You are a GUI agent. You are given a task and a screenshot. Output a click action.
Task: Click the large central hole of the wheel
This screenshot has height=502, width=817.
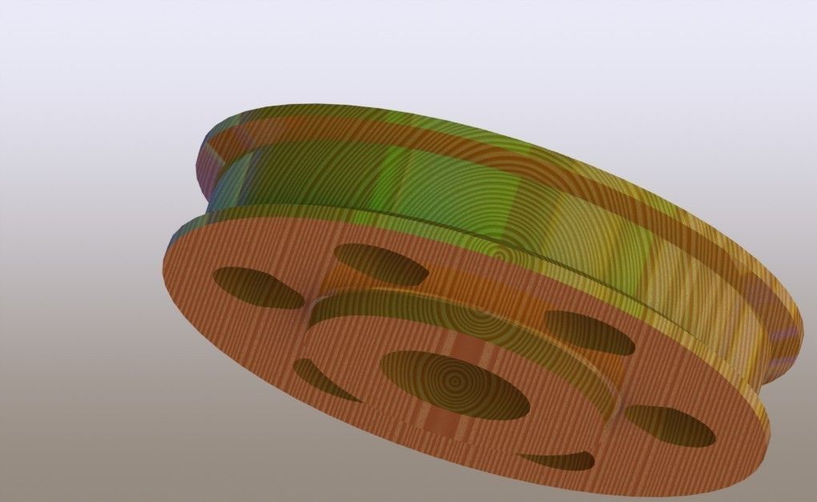[453, 384]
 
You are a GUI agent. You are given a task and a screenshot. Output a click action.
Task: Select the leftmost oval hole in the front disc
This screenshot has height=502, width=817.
[256, 287]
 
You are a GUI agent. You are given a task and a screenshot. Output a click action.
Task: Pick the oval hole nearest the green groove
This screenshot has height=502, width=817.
[380, 263]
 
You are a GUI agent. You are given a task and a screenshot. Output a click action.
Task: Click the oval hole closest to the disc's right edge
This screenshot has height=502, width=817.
[669, 425]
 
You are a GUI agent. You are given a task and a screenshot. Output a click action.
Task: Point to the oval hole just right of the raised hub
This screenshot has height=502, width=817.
[590, 331]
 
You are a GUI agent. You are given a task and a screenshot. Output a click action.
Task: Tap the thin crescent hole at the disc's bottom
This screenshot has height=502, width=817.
[557, 460]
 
